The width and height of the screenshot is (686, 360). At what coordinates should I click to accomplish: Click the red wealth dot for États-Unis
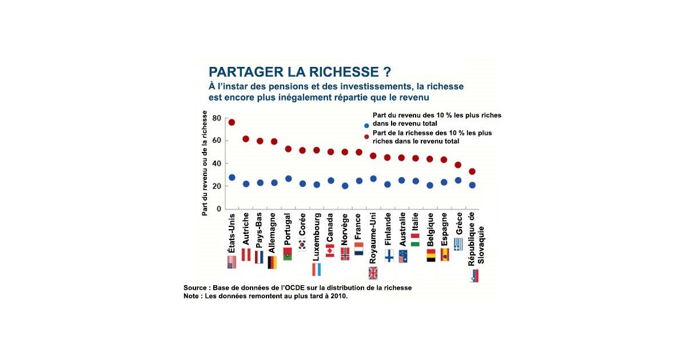pos(232,122)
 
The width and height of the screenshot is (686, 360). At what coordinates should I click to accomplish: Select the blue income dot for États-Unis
pos(232,178)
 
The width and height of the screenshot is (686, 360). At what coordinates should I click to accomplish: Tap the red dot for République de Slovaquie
pos(472,171)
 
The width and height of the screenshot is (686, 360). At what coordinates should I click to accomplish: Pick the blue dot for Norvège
pos(345,186)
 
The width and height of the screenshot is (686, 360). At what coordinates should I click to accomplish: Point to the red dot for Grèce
pos(458,165)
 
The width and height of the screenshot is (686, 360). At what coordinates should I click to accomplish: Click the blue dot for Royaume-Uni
pos(373,179)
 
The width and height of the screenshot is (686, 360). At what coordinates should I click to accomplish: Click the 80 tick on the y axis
pos(216,118)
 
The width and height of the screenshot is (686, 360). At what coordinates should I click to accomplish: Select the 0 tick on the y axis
pos(218,209)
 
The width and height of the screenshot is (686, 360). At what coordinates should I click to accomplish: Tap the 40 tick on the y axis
pos(216,163)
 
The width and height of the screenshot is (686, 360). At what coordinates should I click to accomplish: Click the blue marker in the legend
pos(366,126)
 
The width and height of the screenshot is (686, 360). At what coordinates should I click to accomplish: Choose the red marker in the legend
pos(366,137)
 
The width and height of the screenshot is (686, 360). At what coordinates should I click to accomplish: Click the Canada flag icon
pos(330,251)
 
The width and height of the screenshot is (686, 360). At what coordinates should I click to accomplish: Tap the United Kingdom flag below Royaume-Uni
pos(373,273)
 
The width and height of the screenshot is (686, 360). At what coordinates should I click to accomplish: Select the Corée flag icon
pos(302,245)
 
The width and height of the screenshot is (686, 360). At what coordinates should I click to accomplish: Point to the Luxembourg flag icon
pos(316,269)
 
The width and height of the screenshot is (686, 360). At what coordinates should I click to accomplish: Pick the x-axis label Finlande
pos(388,230)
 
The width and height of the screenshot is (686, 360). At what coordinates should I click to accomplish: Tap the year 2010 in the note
pos(336,296)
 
